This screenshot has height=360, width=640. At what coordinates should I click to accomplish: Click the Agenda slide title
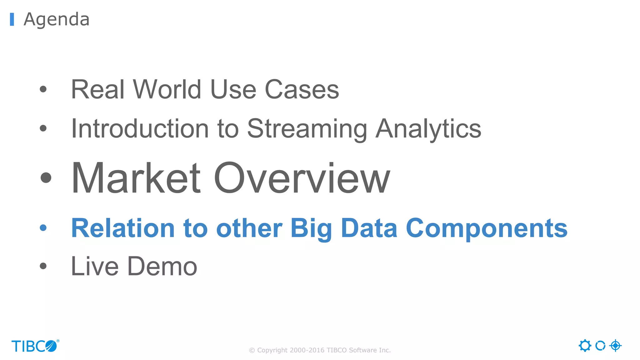coord(57,19)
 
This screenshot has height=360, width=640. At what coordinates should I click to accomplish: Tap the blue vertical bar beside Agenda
coord(12,19)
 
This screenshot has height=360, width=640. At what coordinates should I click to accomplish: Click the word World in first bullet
coord(167,89)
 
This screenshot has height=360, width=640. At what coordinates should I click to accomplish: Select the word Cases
coord(302,89)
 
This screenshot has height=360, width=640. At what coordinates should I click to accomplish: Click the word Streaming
coord(307,129)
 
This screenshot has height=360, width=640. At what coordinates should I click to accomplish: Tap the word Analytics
coord(428,129)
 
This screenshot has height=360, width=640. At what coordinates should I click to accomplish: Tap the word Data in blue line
coord(369,228)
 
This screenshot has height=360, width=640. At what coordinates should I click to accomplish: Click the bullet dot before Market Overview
coord(46,178)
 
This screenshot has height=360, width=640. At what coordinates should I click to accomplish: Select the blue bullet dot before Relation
coord(43,228)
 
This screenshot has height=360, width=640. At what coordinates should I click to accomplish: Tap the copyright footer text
coord(320,350)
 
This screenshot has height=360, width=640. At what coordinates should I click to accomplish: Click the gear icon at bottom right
coord(585,346)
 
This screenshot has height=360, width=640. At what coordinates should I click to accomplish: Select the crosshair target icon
coord(615,346)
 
